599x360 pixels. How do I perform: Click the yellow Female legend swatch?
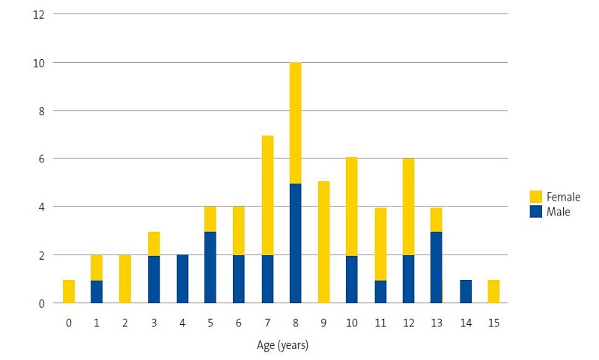click(x=535, y=197)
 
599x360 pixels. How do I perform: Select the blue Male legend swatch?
click(x=535, y=212)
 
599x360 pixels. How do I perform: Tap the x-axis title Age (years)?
click(x=282, y=345)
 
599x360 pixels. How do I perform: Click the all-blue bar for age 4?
click(x=183, y=278)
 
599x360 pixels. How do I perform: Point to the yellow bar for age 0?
click(x=69, y=291)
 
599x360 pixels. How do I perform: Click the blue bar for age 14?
click(x=465, y=291)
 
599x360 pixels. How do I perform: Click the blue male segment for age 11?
click(x=380, y=291)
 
